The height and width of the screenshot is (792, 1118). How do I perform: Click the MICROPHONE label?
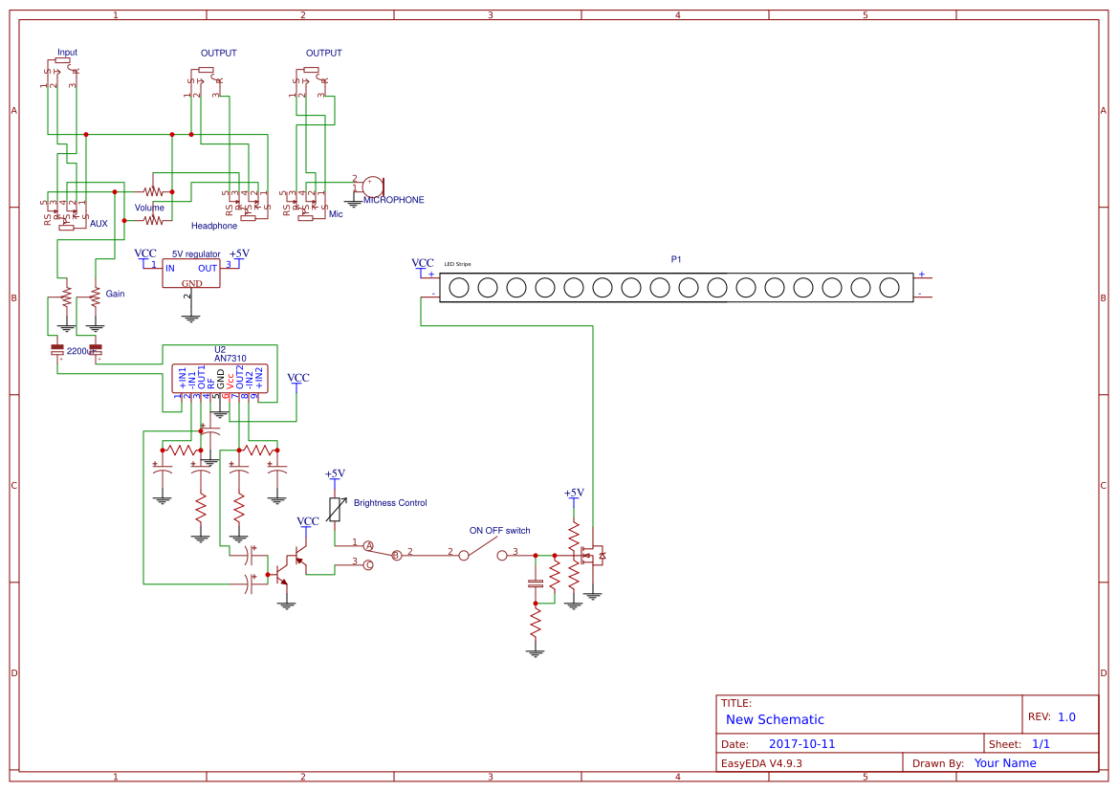(393, 200)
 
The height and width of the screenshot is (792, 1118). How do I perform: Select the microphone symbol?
(372, 187)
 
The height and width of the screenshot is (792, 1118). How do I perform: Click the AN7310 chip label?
(230, 358)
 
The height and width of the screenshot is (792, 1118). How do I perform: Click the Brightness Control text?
(390, 502)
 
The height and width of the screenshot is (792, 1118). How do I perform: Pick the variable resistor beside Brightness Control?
(335, 510)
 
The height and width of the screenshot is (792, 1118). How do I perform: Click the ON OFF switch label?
(499, 530)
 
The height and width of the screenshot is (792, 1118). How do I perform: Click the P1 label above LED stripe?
(676, 259)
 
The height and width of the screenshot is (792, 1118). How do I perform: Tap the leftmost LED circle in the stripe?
(458, 286)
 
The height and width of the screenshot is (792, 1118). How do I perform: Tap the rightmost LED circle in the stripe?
(888, 286)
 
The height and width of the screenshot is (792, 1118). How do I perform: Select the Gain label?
(115, 294)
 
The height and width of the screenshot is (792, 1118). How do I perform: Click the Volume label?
(149, 208)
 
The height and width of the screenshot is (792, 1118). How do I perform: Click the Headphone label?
(214, 226)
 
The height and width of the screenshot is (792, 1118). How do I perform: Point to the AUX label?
(99, 223)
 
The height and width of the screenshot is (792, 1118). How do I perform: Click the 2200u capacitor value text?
(80, 351)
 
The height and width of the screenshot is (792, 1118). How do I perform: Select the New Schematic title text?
(775, 719)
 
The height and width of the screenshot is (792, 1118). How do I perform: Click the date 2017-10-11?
(801, 744)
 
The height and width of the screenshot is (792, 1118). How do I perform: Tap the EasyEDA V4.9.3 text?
(761, 763)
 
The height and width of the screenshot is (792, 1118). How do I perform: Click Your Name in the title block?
(1005, 763)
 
